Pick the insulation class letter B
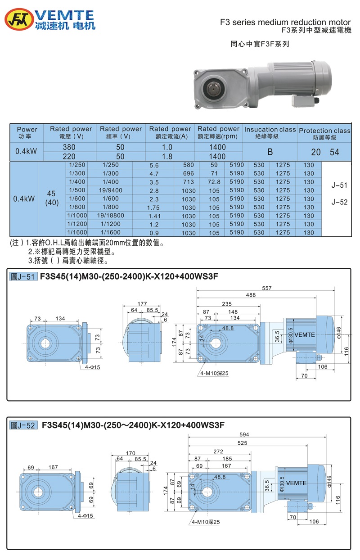click(x=270, y=152)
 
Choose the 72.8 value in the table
click(x=214, y=182)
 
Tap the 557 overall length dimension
click(x=267, y=288)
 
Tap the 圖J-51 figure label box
click(x=23, y=277)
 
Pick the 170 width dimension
click(x=131, y=453)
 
